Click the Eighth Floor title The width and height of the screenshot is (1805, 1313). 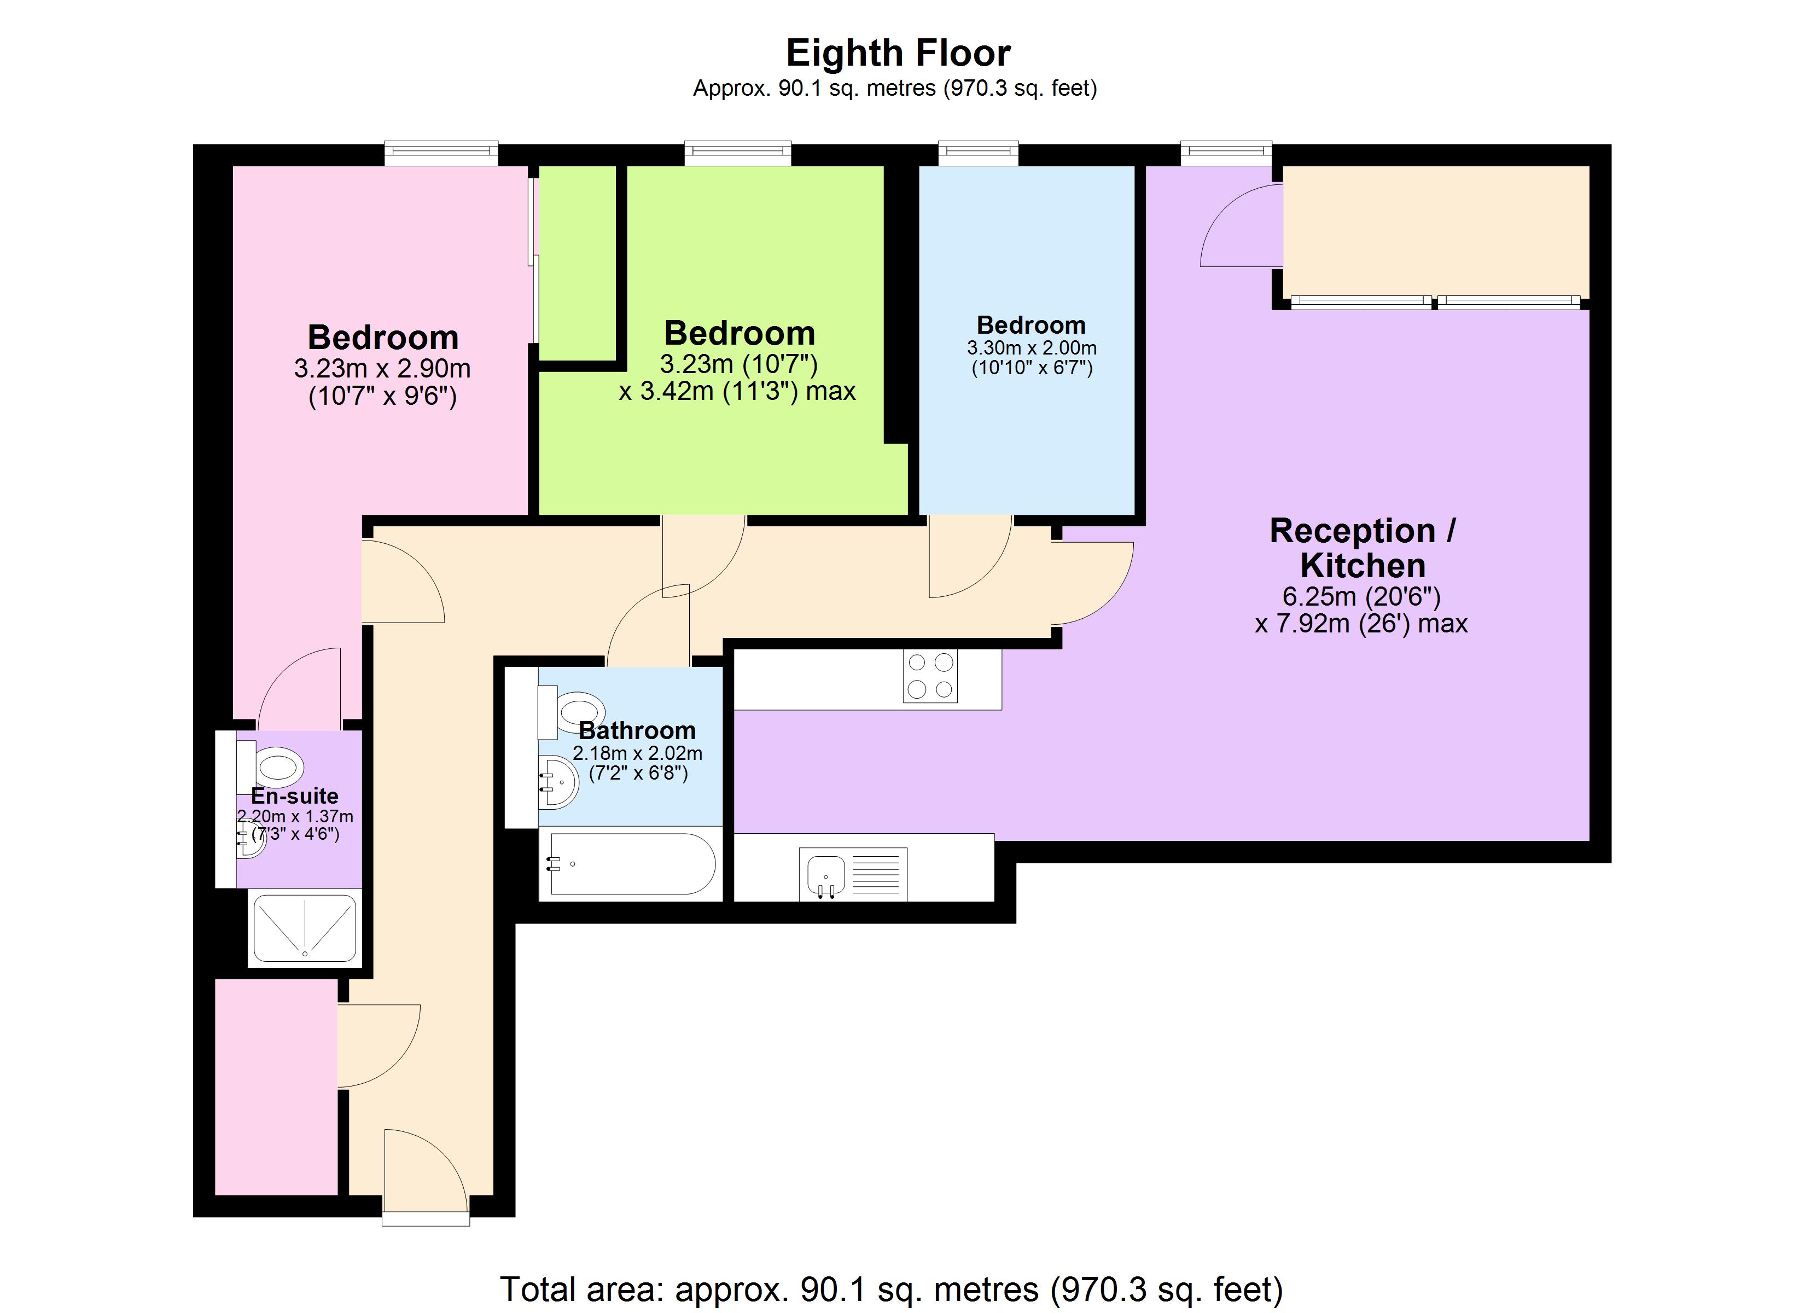[898, 54]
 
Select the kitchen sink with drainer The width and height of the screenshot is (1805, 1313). [852, 874]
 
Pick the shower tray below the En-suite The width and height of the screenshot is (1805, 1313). [304, 928]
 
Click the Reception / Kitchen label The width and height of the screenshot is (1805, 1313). [1362, 548]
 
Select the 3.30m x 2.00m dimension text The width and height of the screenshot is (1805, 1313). [1032, 348]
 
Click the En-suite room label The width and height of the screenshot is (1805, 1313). [294, 795]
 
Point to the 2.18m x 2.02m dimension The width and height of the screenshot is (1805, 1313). [637, 752]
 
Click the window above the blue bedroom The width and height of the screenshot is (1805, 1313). [978, 152]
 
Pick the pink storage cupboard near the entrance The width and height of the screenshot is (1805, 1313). [275, 1087]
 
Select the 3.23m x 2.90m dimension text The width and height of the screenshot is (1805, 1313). [382, 369]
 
